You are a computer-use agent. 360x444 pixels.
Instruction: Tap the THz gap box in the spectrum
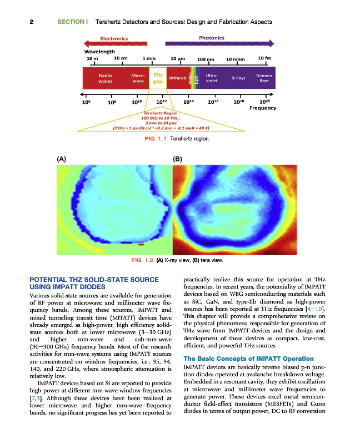[158, 78]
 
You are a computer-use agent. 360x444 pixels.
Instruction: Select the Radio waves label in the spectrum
[106, 78]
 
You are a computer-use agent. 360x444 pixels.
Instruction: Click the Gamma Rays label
[263, 78]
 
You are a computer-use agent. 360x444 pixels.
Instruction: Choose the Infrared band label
[178, 78]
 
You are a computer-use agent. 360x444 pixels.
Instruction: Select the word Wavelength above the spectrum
[99, 52]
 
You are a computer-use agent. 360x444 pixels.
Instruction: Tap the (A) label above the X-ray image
[62, 158]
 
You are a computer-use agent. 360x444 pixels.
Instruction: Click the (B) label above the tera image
[178, 158]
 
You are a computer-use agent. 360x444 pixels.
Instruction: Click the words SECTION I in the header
[73, 22]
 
